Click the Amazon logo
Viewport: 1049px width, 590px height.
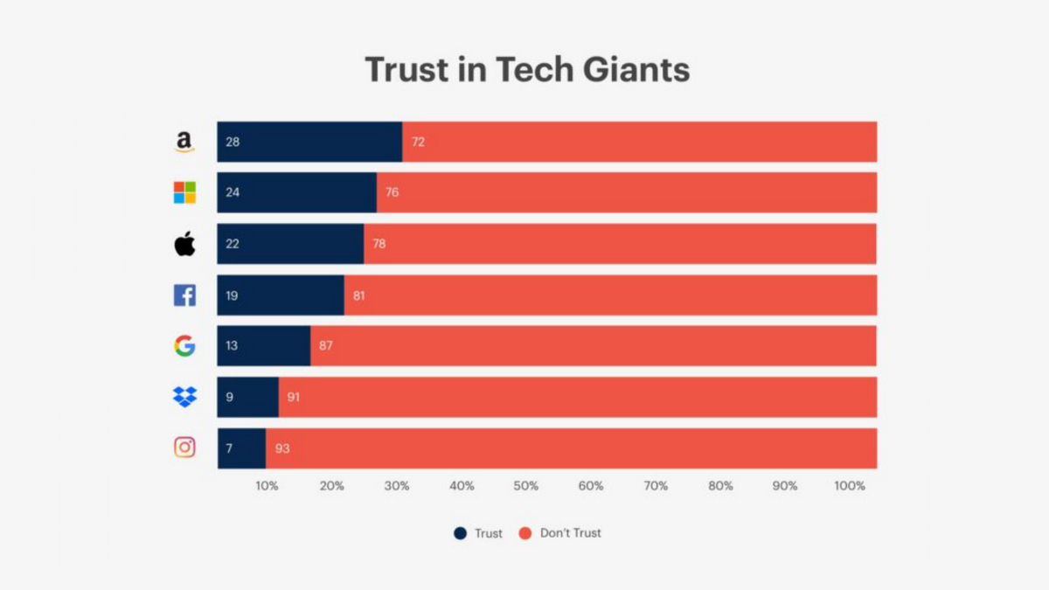click(x=184, y=142)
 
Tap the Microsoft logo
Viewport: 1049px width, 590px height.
click(x=184, y=192)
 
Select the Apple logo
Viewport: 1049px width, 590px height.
click(x=184, y=244)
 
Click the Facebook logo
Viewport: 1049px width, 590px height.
click(x=184, y=295)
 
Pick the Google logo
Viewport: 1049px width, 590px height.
click(x=184, y=346)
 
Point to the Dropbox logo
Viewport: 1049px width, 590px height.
click(x=184, y=397)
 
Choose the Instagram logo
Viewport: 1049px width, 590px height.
click(x=184, y=448)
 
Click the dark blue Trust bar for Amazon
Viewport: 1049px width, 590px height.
click(x=309, y=142)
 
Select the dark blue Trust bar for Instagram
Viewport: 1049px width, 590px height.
click(x=241, y=448)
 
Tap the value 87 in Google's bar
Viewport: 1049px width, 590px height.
click(x=326, y=346)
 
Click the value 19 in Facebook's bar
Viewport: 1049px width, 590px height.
click(x=232, y=295)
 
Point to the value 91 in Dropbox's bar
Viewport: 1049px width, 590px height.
click(x=294, y=397)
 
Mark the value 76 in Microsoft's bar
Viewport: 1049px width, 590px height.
click(x=392, y=192)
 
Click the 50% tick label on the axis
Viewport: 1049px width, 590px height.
click(x=526, y=486)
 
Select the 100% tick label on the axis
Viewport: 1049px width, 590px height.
click(x=850, y=486)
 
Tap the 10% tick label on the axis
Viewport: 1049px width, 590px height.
click(x=267, y=486)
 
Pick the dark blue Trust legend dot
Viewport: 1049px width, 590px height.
click(x=460, y=533)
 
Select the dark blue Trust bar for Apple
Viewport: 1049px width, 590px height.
click(x=290, y=244)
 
